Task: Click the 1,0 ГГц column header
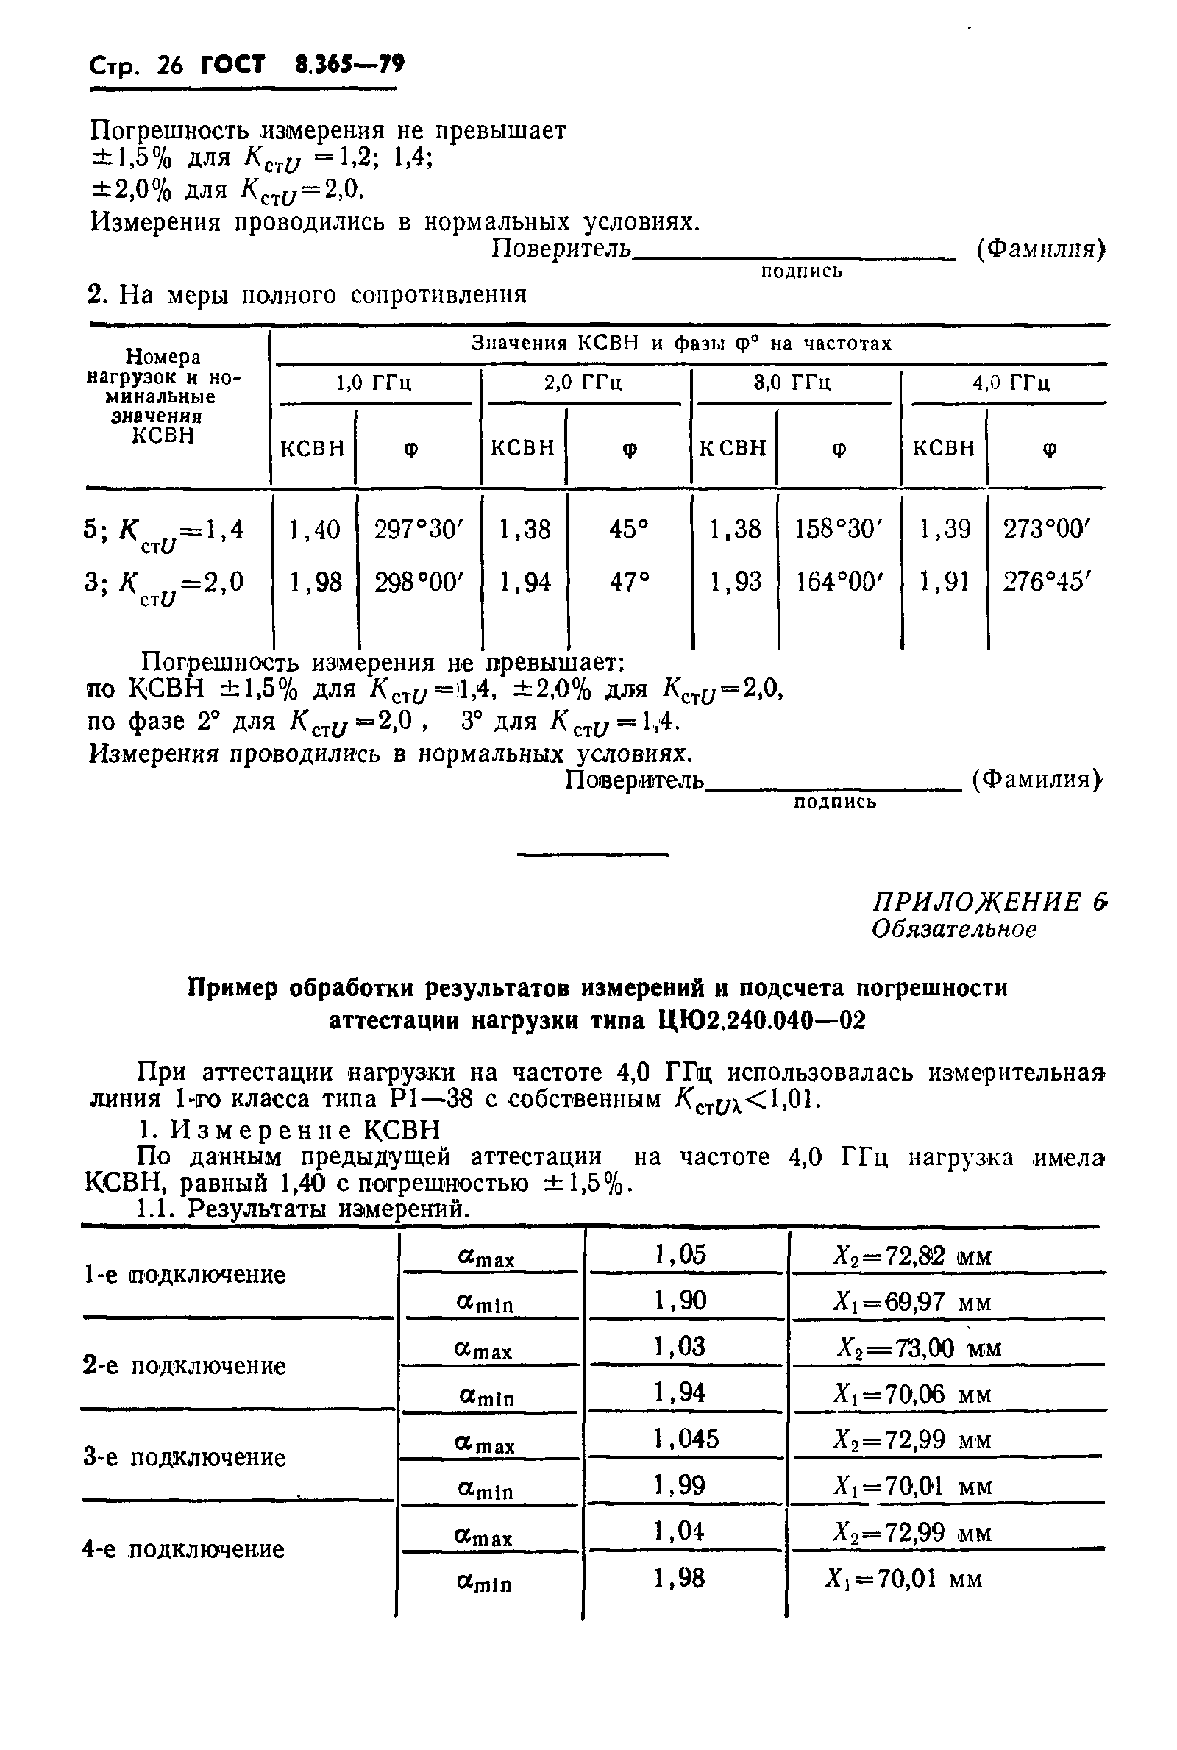pos(373,384)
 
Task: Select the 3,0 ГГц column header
pos(792,384)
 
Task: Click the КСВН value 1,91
pos(945,583)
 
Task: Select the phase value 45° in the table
pos(629,530)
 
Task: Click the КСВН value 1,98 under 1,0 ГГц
pos(316,583)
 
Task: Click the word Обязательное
pos(953,930)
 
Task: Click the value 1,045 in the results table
pos(686,1439)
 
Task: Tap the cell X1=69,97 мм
pos(912,1302)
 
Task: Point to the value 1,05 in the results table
pos(680,1255)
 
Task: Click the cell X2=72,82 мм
pos(912,1256)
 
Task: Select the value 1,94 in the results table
pos(680,1392)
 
